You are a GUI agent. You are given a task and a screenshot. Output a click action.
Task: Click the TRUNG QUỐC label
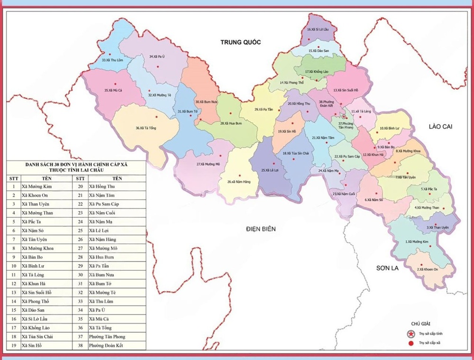(241, 42)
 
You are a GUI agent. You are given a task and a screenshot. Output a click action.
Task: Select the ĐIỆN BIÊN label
(261, 229)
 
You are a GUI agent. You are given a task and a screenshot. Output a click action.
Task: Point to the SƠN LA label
(388, 268)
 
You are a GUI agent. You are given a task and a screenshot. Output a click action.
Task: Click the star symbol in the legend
(411, 334)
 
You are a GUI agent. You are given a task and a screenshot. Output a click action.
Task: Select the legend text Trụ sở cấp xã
(430, 343)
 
